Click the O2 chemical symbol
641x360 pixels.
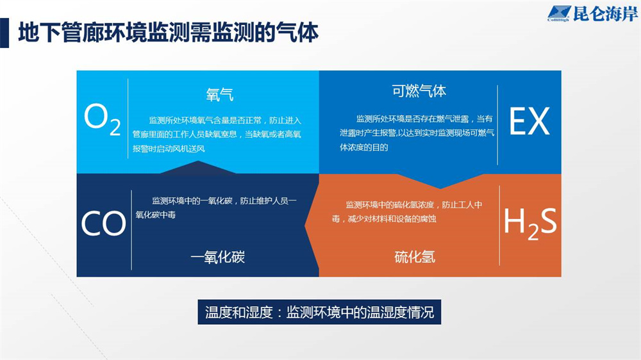pos(102,119)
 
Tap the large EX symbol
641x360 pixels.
pos(529,121)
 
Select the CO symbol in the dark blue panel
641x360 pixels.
pos(103,223)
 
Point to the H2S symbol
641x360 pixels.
pos(530,223)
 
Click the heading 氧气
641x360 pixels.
pos(219,94)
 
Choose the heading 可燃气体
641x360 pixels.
pos(419,91)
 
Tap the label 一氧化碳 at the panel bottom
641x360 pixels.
pos(217,257)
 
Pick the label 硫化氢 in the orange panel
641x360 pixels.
pos(415,257)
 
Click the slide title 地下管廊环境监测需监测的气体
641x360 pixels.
pos(168,32)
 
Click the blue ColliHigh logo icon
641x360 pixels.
pos(559,13)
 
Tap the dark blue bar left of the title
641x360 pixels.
pos(4,33)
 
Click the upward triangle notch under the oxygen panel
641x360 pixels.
pos(198,167)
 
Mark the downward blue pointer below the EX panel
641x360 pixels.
pos(440,181)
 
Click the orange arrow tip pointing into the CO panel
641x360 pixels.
pos(306,225)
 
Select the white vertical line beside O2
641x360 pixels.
pos(128,119)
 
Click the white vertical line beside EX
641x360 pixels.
pos(497,125)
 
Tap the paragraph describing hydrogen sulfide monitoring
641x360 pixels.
pos(407,211)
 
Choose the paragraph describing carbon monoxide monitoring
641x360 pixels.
pos(216,208)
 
